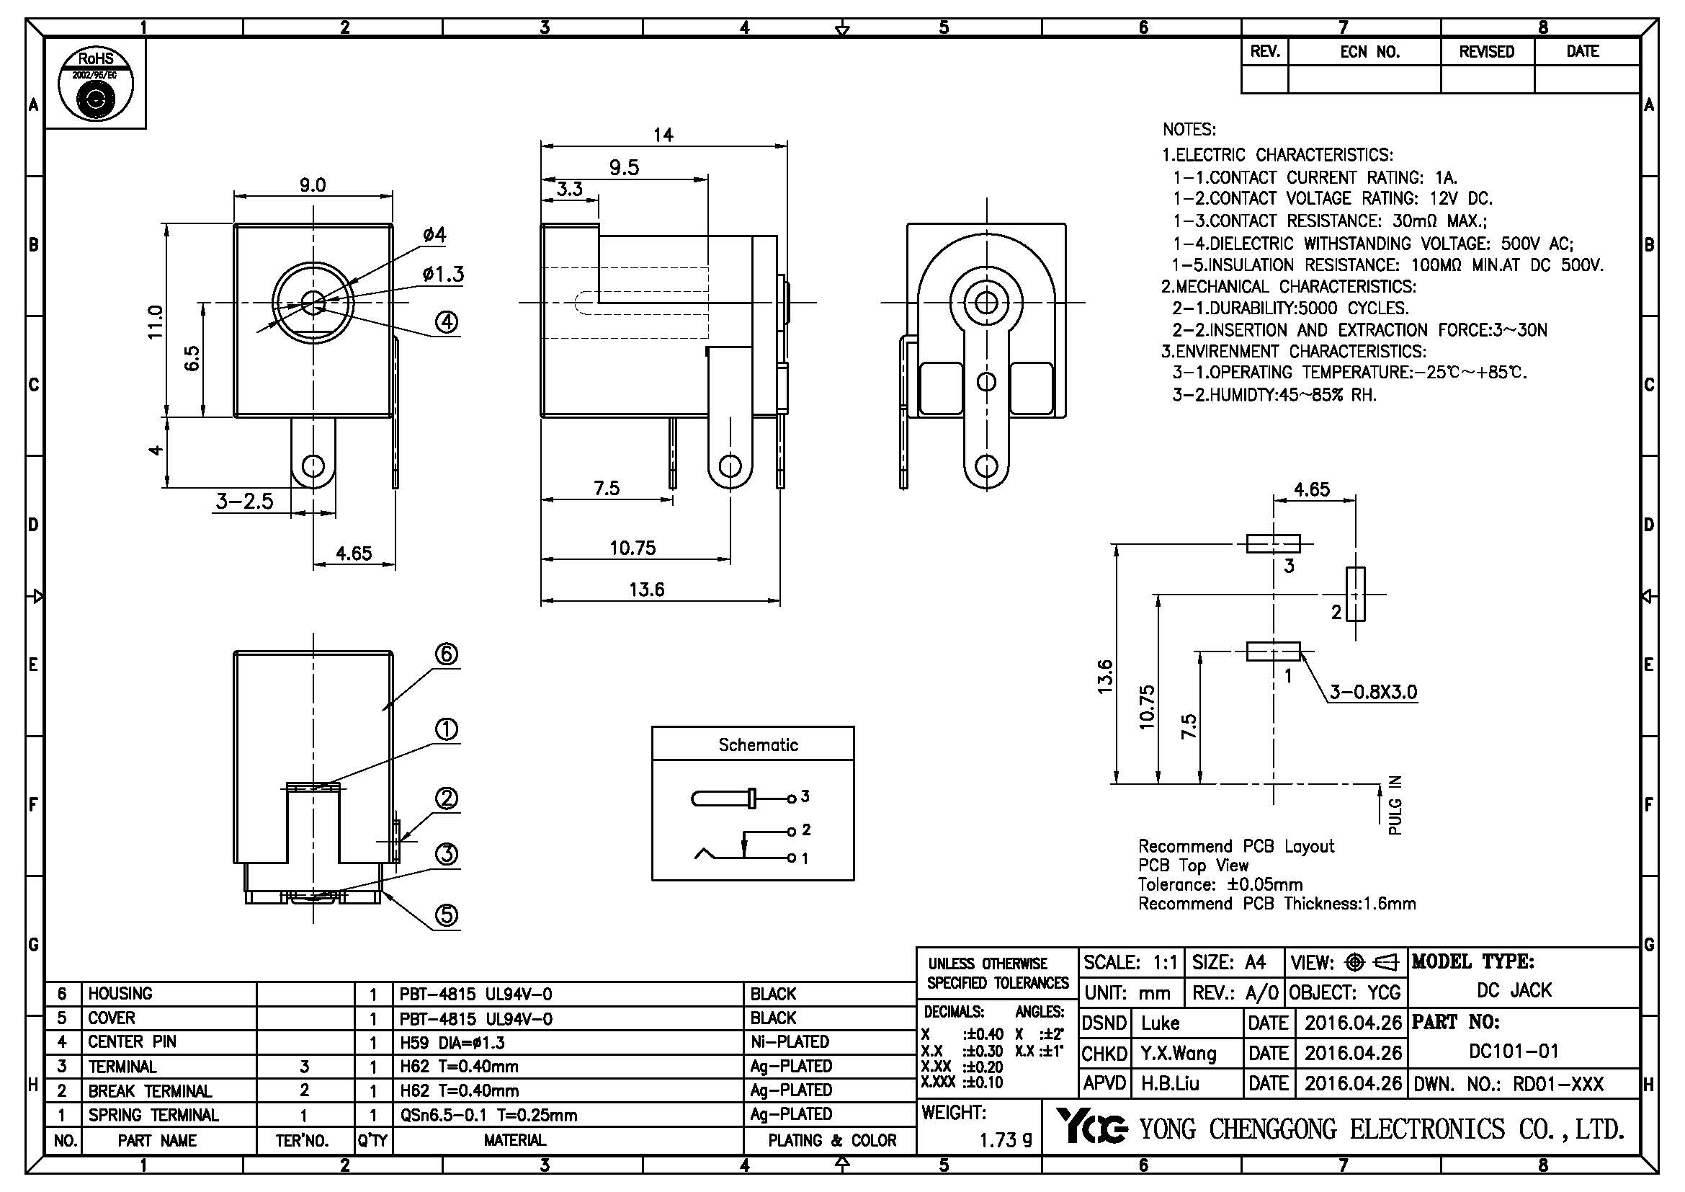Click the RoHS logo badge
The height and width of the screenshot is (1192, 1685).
95,84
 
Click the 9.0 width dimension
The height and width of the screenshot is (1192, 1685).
312,184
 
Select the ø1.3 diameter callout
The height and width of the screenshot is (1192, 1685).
443,275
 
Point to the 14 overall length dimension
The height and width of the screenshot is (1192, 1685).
663,134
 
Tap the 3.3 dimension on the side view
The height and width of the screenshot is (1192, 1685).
569,189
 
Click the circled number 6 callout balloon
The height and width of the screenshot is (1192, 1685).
447,654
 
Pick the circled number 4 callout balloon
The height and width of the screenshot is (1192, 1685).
446,321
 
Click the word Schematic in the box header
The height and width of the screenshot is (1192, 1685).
757,745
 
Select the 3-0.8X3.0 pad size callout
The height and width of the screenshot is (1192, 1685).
1373,692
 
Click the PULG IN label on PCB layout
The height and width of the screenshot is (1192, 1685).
1395,805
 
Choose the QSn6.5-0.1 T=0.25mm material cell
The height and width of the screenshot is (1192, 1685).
488,1115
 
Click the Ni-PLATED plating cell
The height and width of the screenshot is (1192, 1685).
790,1041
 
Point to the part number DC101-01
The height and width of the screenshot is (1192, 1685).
1513,1051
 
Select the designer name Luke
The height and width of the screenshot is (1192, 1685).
1161,1023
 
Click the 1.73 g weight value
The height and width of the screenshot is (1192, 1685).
1006,1140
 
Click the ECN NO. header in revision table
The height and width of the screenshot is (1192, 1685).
1369,52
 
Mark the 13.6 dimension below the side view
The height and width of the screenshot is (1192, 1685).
646,590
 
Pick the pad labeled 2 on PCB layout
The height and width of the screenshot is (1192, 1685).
1356,594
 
